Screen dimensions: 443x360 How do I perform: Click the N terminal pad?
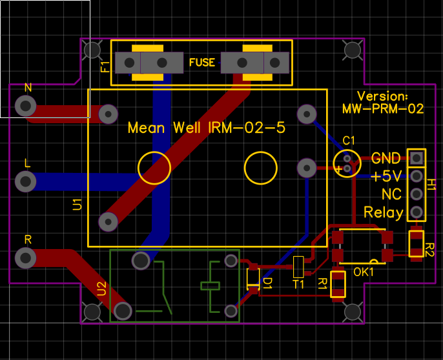pyautogui.click(x=25, y=106)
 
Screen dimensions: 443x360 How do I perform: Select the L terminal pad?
pyautogui.click(x=25, y=181)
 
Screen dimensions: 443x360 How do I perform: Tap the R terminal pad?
pyautogui.click(x=25, y=258)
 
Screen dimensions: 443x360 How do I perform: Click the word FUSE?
pyautogui.click(x=202, y=63)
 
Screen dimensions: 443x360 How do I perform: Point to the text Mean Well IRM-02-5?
pyautogui.click(x=207, y=128)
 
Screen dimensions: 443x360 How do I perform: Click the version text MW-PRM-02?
pyautogui.click(x=383, y=108)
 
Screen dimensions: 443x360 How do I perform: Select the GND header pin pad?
pyautogui.click(x=417, y=158)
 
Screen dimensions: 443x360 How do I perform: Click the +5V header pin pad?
pyautogui.click(x=417, y=176)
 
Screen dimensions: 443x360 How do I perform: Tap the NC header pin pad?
pyautogui.click(x=417, y=194)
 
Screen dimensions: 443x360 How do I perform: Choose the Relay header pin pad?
pyautogui.click(x=417, y=212)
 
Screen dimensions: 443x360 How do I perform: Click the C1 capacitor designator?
pyautogui.click(x=348, y=141)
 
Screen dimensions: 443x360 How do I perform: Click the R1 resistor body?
pyautogui.click(x=338, y=284)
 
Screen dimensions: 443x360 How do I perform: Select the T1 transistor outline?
pyautogui.click(x=298, y=267)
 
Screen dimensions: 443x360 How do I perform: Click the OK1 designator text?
pyautogui.click(x=364, y=272)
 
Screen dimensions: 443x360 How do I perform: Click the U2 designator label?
pyautogui.click(x=102, y=288)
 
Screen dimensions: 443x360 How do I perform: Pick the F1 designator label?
pyautogui.click(x=105, y=67)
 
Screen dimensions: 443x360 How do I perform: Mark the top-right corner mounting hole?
pyautogui.click(x=353, y=50)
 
